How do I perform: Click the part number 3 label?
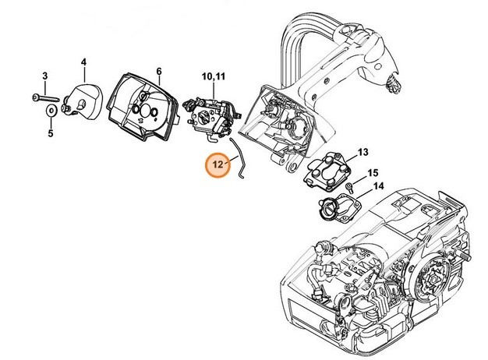(x=45, y=76)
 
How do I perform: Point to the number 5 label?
(x=50, y=133)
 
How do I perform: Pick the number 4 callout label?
(x=83, y=62)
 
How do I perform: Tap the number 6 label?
(x=158, y=71)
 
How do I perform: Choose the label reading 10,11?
(x=213, y=76)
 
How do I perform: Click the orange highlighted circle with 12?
(x=216, y=165)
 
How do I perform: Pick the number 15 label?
(x=373, y=172)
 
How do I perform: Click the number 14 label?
(x=377, y=186)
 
